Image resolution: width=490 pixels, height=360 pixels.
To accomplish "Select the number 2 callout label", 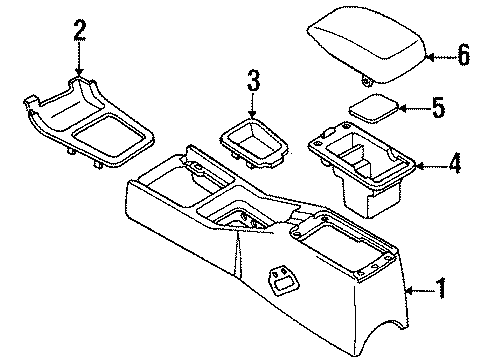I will coord(79,38).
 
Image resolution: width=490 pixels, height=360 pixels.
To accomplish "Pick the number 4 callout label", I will coord(453,163).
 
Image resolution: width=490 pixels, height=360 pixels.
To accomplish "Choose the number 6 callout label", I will coord(461,56).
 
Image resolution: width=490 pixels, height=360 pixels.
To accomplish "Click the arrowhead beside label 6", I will coord(425,57).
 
